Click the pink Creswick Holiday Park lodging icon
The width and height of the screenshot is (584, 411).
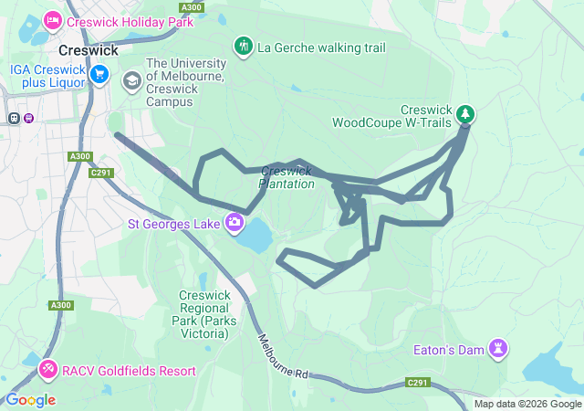52,18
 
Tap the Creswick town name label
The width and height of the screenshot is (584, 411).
85,51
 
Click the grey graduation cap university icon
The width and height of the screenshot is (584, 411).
132,81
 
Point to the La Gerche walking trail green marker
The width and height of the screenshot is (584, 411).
243,46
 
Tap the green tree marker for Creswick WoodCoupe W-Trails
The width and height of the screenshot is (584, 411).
466,113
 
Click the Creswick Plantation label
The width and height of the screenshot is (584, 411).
287,177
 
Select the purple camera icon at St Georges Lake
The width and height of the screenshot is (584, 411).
235,222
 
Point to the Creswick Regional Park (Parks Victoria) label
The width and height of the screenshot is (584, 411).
203,314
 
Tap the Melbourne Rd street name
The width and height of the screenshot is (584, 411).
283,357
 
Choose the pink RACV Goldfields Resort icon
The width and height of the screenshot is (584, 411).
47,370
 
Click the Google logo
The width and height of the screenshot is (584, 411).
30,399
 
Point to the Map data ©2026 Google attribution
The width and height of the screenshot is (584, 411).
527,405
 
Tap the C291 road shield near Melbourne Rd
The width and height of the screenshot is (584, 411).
417,382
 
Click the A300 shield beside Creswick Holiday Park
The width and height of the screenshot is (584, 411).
191,7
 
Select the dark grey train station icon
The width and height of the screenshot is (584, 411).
14,118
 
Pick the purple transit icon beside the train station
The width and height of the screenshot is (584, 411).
29,118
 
